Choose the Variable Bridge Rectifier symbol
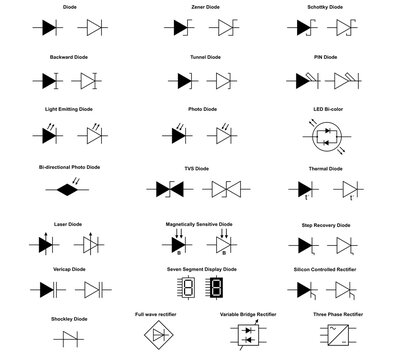(x=244, y=338)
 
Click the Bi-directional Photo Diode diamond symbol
(x=68, y=187)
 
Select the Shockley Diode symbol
(x=68, y=341)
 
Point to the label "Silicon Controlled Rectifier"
(x=326, y=269)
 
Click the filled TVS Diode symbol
(x=170, y=188)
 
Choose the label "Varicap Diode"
(x=68, y=269)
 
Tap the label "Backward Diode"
(x=68, y=59)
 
